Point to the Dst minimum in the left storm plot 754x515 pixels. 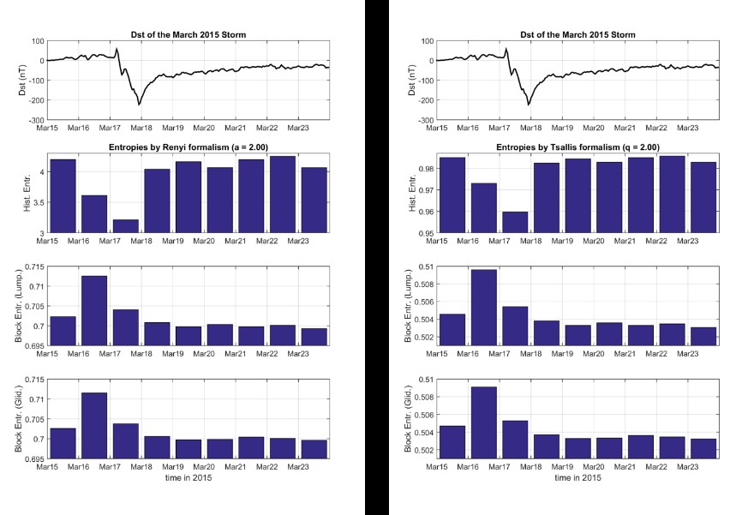click(x=139, y=104)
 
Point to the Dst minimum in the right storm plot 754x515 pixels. click(x=529, y=104)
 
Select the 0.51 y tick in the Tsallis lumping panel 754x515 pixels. click(x=426, y=266)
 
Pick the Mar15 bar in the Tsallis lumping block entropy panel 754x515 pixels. click(x=452, y=330)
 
